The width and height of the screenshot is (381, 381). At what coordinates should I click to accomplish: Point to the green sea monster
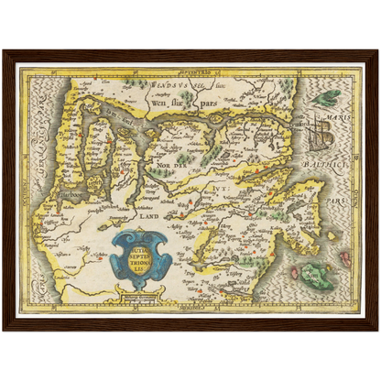click(x=324, y=96)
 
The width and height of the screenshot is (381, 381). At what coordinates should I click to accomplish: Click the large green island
click(x=317, y=274)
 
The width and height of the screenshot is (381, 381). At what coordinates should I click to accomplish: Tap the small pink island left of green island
click(x=295, y=272)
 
